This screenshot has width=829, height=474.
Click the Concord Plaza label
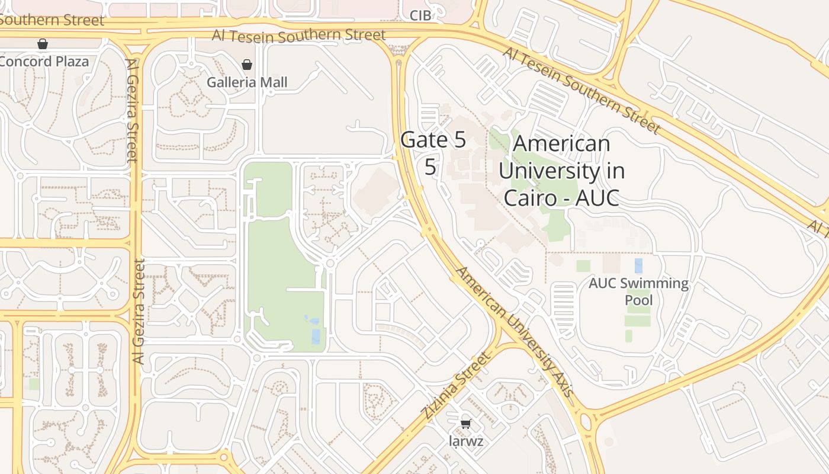click(44, 62)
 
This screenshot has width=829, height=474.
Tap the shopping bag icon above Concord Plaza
click(42, 44)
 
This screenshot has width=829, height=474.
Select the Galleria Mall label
click(247, 82)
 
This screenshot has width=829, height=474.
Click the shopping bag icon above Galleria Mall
click(247, 65)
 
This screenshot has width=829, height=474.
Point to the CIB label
click(420, 16)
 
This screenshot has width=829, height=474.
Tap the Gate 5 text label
click(433, 140)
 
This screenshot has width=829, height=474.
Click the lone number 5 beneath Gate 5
click(430, 168)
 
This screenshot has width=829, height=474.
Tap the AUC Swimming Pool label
click(638, 292)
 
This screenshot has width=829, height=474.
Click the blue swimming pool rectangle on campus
click(638, 265)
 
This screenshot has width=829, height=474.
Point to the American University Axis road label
click(514, 332)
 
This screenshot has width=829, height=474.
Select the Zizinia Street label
click(457, 385)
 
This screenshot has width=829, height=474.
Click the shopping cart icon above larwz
click(465, 424)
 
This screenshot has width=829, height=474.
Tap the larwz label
click(465, 441)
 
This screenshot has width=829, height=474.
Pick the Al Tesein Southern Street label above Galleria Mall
click(299, 35)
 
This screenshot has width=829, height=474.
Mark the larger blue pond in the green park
click(316, 336)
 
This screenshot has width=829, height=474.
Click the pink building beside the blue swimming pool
click(611, 264)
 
